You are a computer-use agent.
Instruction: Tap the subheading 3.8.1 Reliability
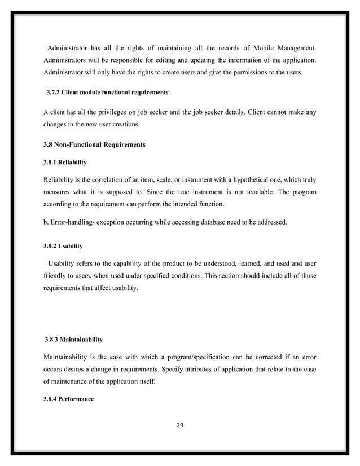(x=65, y=162)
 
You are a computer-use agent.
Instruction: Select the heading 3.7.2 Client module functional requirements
(x=107, y=91)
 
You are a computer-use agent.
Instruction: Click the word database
(x=210, y=222)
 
